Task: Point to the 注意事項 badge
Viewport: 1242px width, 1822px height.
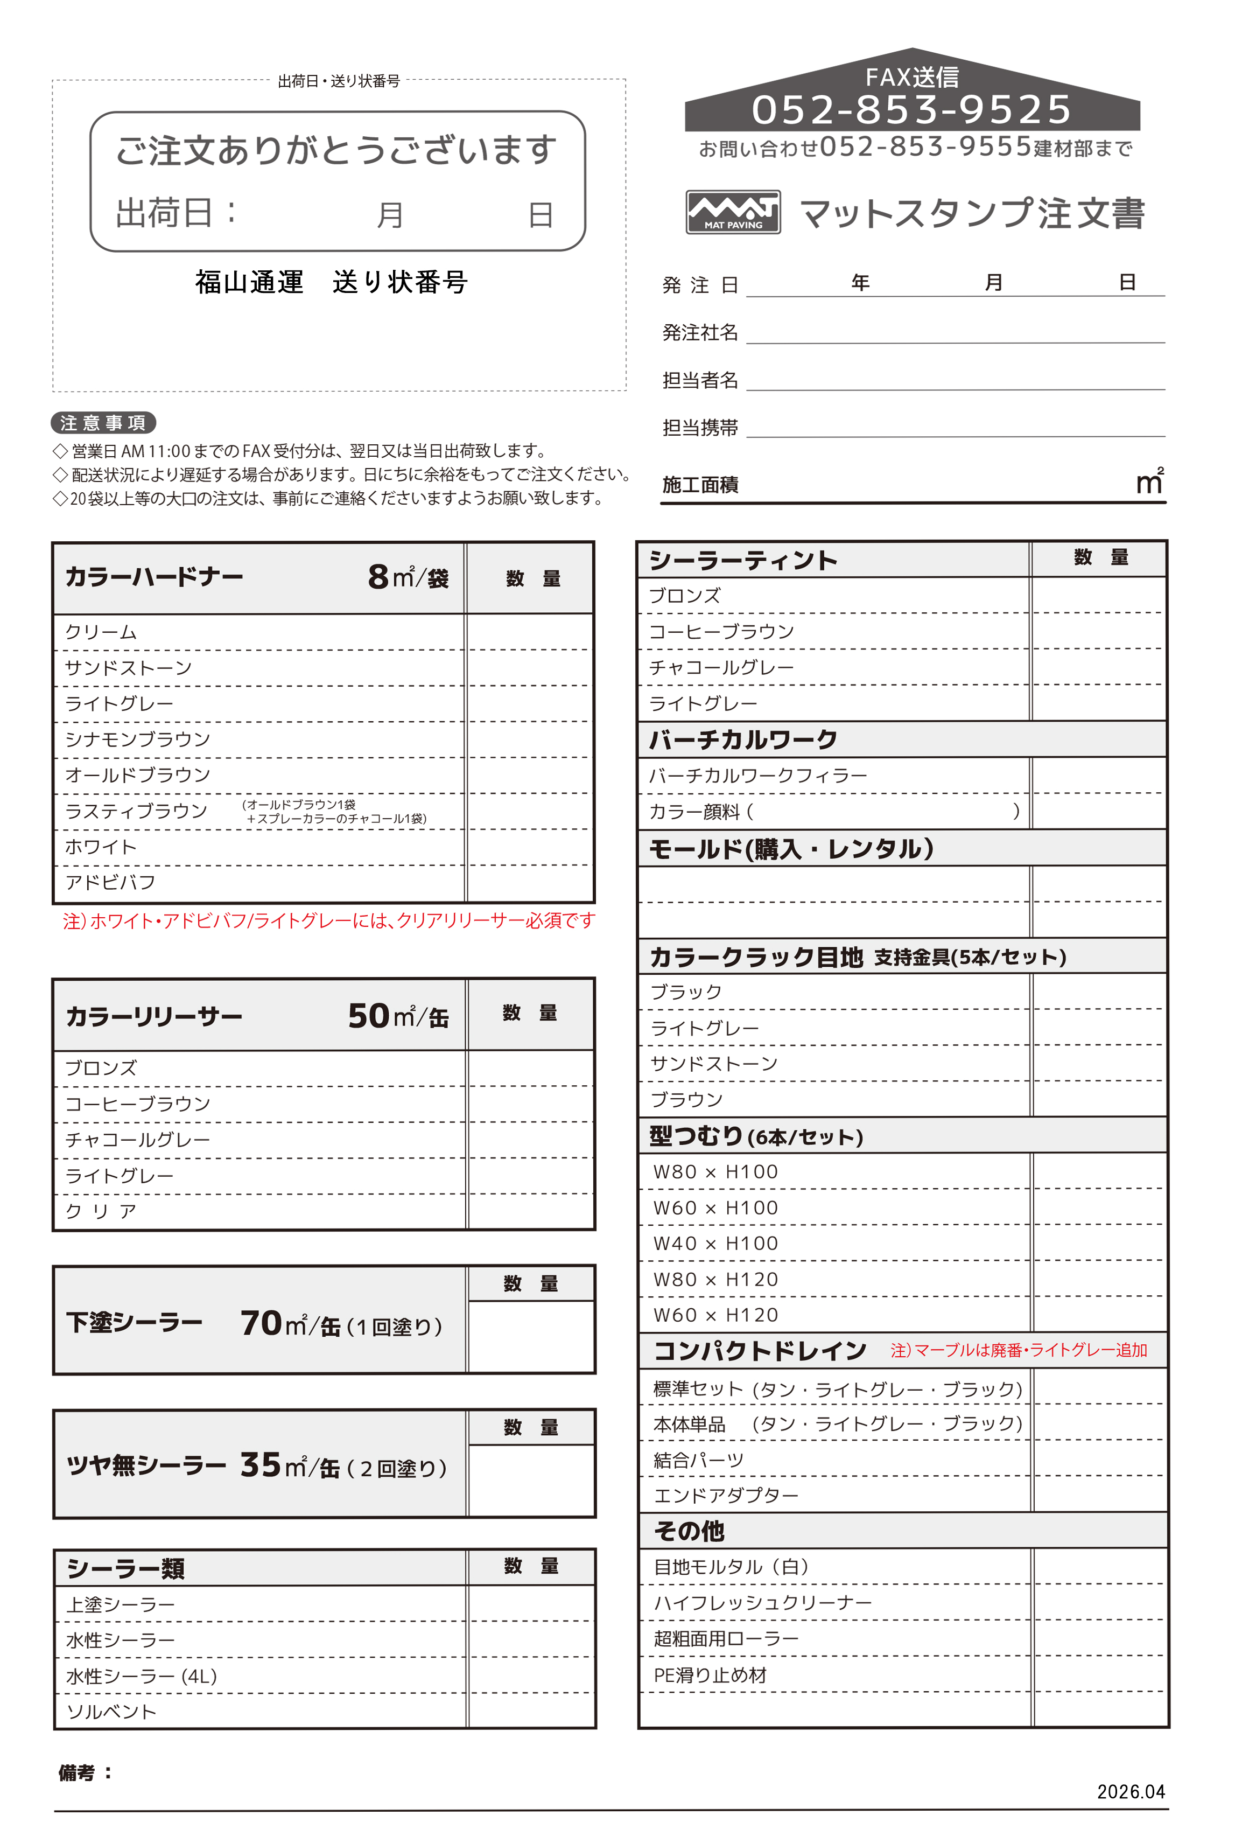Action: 103,423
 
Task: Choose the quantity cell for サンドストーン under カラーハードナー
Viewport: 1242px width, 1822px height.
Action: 530,668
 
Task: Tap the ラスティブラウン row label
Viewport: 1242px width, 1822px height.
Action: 136,811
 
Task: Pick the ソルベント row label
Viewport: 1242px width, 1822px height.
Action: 111,1712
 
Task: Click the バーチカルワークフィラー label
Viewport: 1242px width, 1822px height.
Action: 757,776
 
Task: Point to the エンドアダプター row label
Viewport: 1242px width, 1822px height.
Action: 726,1495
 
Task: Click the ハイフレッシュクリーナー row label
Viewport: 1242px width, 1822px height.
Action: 762,1602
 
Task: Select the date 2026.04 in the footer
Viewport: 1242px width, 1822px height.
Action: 1130,1791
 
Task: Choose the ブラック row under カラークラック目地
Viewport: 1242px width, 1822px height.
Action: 686,992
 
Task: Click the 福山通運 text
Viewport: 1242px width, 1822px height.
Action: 249,282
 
